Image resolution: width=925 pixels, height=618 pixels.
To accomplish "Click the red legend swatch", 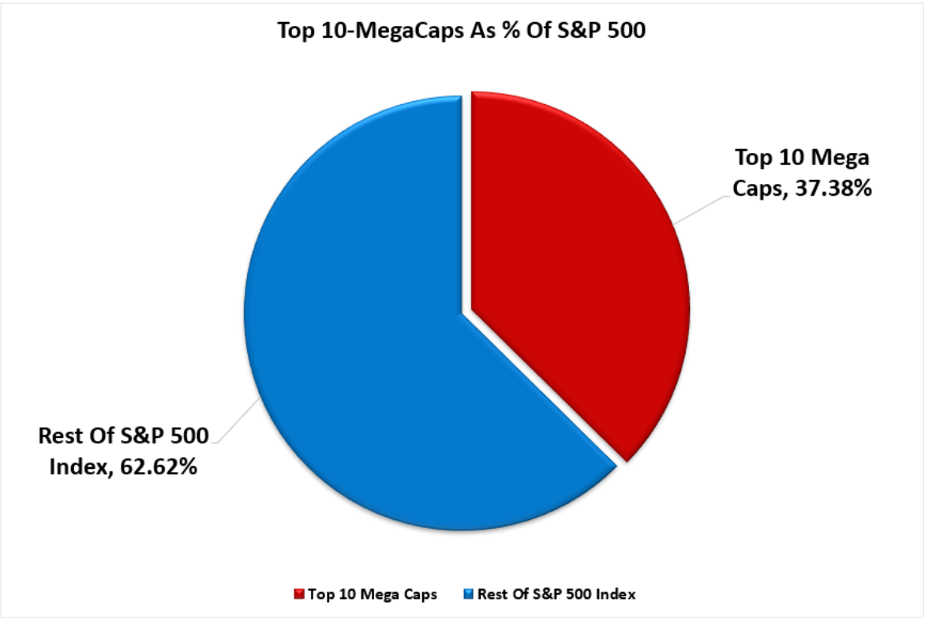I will click(298, 593).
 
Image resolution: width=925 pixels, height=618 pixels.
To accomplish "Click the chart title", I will click(462, 30).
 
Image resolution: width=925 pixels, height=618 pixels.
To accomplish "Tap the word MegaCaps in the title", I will click(390, 30).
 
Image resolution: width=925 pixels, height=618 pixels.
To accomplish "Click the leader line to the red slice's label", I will click(698, 208).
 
